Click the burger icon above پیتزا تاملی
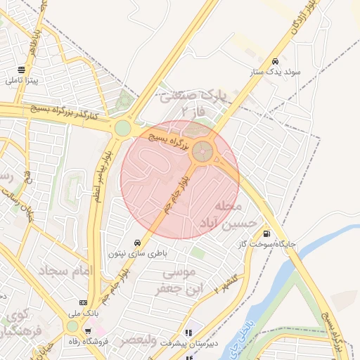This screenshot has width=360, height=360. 22,70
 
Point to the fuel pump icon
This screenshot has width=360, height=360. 265,234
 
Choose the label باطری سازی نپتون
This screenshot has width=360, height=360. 136,251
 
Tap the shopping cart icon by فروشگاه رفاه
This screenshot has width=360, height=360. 88,331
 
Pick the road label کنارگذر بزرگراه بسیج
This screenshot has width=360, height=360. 67,112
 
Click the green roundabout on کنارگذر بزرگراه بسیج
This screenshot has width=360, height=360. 123,128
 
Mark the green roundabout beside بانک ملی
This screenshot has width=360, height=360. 72,326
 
